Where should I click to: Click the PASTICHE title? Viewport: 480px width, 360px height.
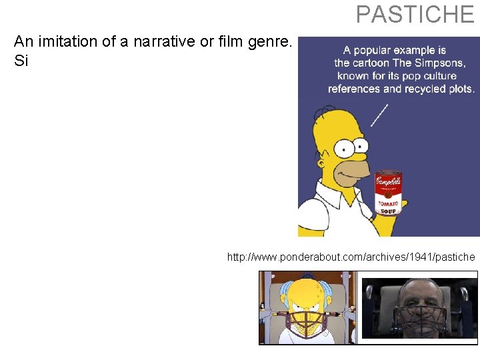click(x=415, y=14)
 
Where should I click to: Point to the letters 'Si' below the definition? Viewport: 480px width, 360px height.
click(x=21, y=60)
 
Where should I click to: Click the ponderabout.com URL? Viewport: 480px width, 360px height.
click(x=351, y=257)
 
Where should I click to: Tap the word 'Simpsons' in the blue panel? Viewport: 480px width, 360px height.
click(x=441, y=63)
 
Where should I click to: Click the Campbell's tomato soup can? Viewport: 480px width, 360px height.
click(x=389, y=192)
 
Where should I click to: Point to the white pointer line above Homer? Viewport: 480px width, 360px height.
click(x=379, y=115)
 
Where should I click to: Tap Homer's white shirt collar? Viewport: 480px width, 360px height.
click(x=333, y=200)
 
